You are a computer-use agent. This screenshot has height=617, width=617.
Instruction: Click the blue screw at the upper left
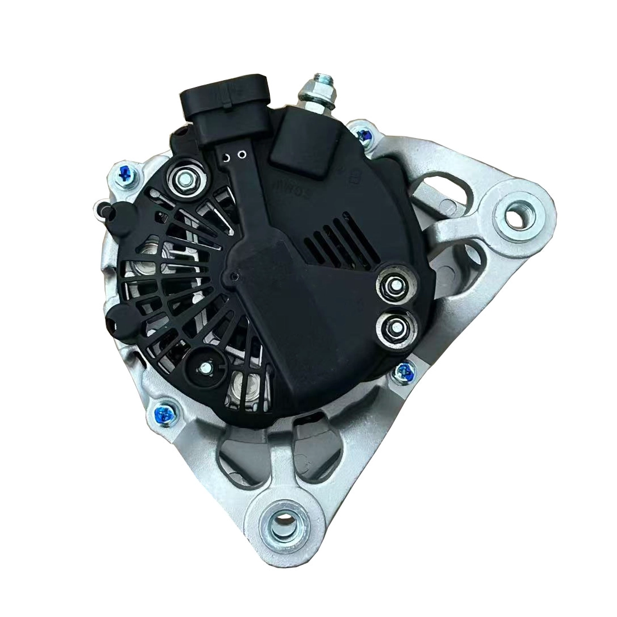(x=124, y=177)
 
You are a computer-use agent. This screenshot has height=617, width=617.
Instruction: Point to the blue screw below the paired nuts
(x=404, y=372)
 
